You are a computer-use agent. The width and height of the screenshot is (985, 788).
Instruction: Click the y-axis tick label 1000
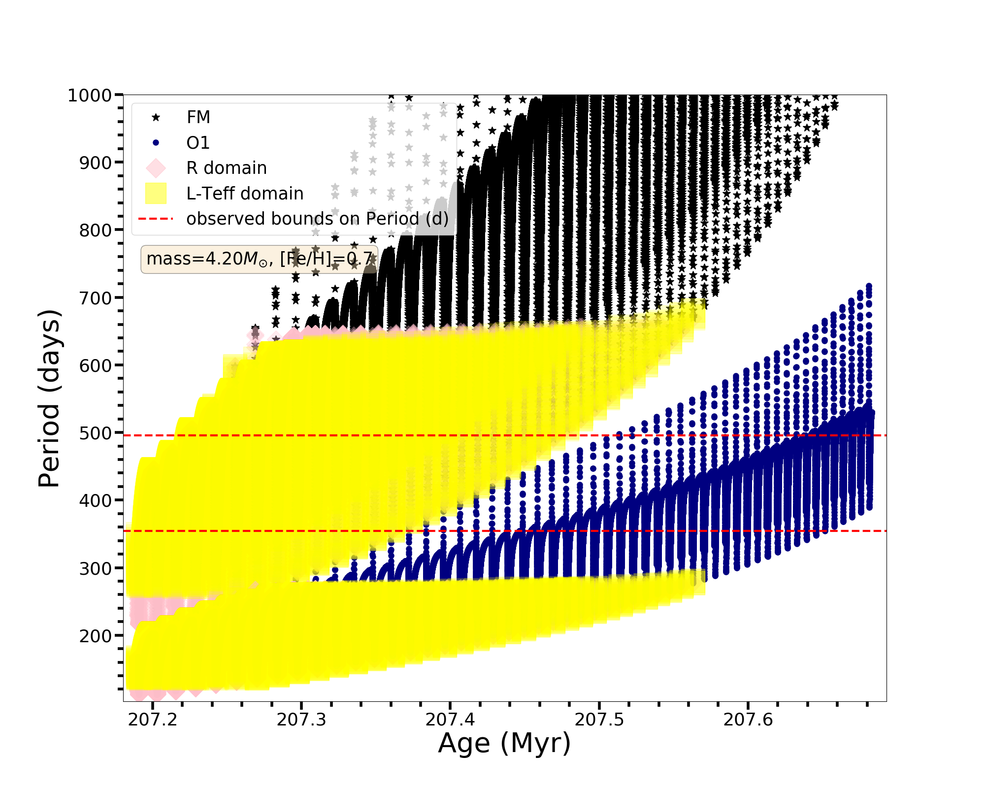coord(89,96)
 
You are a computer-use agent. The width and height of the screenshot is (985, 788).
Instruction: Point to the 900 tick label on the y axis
coord(96,163)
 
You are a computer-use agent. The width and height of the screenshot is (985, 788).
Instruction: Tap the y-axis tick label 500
coord(96,433)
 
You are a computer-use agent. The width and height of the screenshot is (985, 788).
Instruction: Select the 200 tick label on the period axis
coord(96,636)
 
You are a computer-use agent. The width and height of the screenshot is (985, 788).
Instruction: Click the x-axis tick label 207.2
coord(152,720)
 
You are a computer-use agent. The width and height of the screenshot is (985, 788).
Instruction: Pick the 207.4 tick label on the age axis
coord(450,720)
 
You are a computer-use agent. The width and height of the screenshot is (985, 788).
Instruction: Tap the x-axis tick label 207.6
coord(748,720)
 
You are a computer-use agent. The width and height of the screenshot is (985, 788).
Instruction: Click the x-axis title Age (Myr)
coord(504,744)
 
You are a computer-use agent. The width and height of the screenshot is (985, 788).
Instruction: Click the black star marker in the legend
coord(156,117)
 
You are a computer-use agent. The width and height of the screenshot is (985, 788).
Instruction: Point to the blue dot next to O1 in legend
coord(156,143)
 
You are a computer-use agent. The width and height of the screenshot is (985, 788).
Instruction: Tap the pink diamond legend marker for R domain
coord(156,168)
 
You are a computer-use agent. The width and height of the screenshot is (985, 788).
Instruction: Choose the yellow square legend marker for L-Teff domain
coord(156,194)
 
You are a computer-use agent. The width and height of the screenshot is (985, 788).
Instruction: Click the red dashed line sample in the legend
coord(156,219)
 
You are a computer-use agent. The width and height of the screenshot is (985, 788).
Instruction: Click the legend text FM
coord(198,117)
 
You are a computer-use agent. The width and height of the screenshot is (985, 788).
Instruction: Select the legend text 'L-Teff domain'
coord(245,194)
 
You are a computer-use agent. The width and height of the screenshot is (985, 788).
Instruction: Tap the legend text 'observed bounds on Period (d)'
coord(317,219)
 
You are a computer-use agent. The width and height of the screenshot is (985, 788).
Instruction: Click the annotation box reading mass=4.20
coord(259,259)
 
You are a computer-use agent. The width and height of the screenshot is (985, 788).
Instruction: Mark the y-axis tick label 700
coord(96,298)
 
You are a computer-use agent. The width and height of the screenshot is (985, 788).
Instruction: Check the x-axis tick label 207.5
coord(599,720)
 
